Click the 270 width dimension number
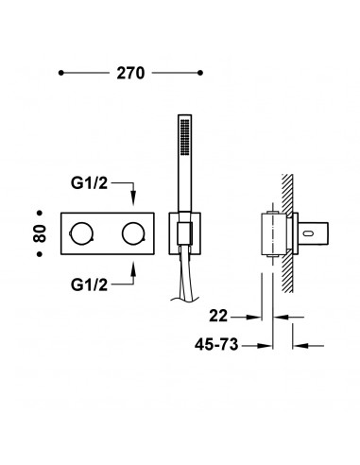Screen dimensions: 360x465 click(130, 73)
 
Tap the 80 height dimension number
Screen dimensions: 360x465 click(40, 233)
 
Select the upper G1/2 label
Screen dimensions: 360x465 click(89, 183)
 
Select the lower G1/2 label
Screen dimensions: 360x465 click(89, 285)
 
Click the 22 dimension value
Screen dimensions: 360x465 click(218, 316)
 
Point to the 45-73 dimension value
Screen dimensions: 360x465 click(216, 344)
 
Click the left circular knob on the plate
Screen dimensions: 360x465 click(81, 233)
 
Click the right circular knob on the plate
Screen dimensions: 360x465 click(133, 233)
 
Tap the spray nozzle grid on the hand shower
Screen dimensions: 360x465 click(185, 136)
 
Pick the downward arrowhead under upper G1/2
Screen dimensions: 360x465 click(133, 198)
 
